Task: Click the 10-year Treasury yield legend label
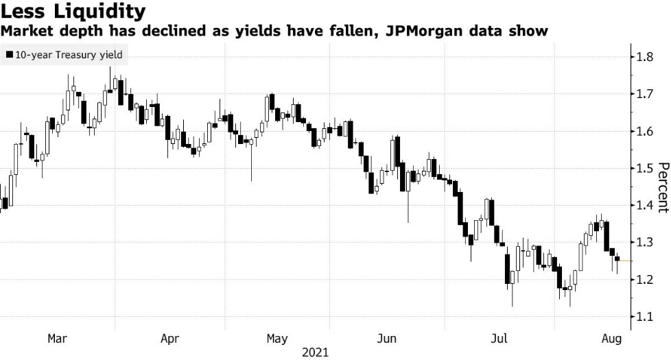pyautogui.click(x=67, y=56)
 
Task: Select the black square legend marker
pyautogui.click(x=8, y=56)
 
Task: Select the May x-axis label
pyautogui.click(x=276, y=338)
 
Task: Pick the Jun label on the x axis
pyautogui.click(x=388, y=338)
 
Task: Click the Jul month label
pyautogui.click(x=499, y=338)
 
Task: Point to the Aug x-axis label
pyautogui.click(x=610, y=338)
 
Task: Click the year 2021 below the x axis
pyautogui.click(x=315, y=352)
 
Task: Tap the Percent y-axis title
pyautogui.click(x=663, y=187)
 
